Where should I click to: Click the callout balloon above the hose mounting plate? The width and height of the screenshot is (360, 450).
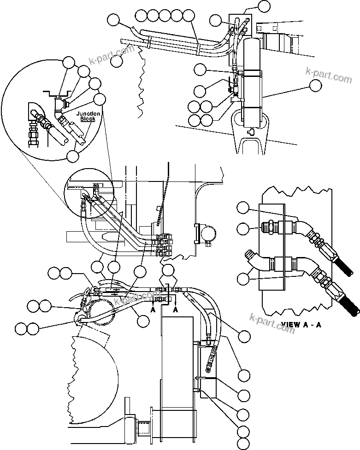(263, 6)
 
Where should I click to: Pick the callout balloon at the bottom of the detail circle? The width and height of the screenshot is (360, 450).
(72, 156)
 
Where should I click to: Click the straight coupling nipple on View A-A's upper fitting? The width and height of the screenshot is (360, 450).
(268, 227)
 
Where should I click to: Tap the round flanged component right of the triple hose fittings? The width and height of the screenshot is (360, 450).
(204, 234)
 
